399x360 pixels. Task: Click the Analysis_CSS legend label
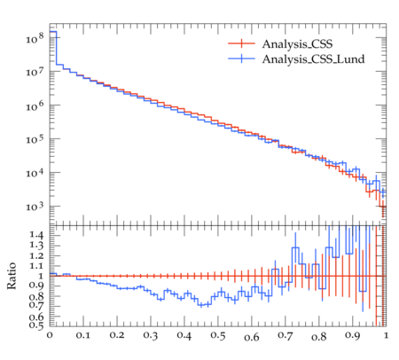(x=297, y=44)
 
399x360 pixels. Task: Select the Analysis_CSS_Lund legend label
(x=313, y=59)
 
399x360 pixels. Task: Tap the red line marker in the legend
(x=241, y=43)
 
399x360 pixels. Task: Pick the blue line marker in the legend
(x=241, y=59)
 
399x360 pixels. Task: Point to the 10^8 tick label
(x=35, y=38)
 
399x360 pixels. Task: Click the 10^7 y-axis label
(x=35, y=72)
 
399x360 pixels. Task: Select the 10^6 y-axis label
(x=35, y=106)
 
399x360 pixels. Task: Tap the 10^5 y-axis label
(x=35, y=139)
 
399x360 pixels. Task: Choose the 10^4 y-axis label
(x=35, y=173)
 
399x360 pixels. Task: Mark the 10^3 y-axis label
(x=35, y=207)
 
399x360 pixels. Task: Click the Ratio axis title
(x=12, y=276)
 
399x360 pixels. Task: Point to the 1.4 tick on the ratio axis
(x=36, y=235)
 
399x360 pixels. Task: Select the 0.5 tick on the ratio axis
(x=36, y=325)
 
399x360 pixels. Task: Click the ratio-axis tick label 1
(x=41, y=276)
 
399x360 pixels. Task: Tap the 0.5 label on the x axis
(x=218, y=336)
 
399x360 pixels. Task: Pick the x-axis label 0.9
(x=353, y=336)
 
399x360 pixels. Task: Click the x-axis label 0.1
(x=83, y=336)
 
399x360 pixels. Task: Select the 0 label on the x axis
(x=50, y=336)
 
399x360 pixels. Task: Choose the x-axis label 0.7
(x=286, y=336)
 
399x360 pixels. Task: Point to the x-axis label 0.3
(x=151, y=336)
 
